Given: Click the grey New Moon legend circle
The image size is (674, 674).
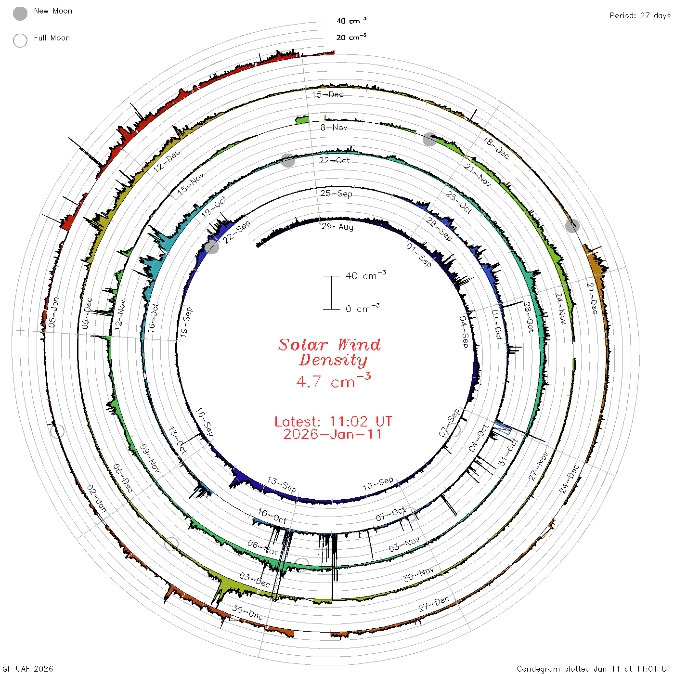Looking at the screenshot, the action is (20, 13).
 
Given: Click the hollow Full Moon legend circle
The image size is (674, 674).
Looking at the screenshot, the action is (20, 40).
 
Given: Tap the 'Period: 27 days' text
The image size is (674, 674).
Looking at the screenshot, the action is (640, 16).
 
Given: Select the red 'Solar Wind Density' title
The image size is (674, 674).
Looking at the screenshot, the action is (329, 352).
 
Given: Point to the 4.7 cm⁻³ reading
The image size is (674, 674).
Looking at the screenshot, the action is (333, 381).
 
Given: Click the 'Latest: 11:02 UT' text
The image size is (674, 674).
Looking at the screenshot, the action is (333, 421).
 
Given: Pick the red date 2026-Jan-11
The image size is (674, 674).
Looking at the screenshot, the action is (332, 434).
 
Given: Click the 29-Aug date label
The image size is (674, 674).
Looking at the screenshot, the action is (337, 227).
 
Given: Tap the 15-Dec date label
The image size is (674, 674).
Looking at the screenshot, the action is (328, 94).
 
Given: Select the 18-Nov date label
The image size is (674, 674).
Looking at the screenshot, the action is (331, 128).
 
